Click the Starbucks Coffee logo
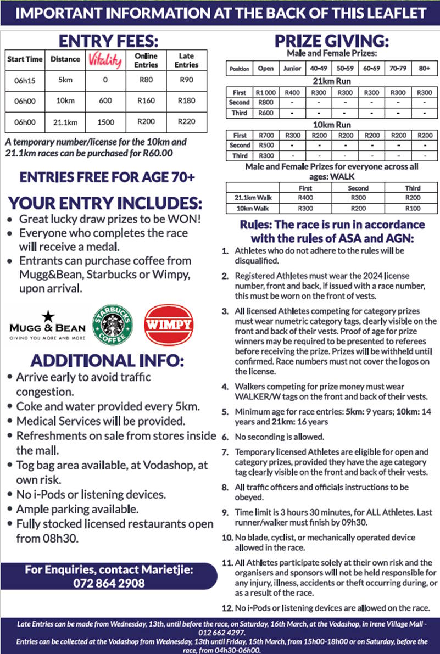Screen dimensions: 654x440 tap(112, 325)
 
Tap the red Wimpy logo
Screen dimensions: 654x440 tap(169, 325)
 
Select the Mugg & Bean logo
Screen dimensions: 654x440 tap(47, 326)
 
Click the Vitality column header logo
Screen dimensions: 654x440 tap(104, 60)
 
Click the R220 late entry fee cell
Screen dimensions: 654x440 tap(186, 121)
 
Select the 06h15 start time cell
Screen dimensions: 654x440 tap(25, 80)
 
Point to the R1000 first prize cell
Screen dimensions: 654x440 tap(266, 93)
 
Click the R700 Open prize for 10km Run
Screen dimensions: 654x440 tap(266, 135)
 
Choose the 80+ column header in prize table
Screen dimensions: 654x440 tap(424, 69)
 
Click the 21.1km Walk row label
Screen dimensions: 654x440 tap(246, 197)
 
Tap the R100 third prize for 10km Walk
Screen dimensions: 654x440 tap(413, 208)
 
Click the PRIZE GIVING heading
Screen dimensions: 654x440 tap(332, 42)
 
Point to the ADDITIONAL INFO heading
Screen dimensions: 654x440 tap(108, 361)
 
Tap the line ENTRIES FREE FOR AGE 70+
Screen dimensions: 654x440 tap(108, 177)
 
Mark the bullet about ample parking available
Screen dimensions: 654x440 tap(77, 508)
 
